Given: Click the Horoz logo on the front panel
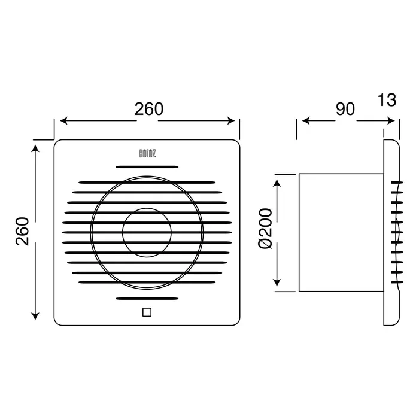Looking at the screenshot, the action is (147, 154).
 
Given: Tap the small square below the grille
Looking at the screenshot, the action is (147, 312).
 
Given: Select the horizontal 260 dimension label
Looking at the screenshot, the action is (149, 109).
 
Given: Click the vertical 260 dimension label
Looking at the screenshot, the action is (22, 232).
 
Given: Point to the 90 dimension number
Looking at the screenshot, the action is (345, 109).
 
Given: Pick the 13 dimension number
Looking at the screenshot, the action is (387, 100).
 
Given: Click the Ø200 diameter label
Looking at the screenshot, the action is (265, 229).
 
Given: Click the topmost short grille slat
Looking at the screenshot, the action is (147, 167).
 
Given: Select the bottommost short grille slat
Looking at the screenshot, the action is (147, 299).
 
